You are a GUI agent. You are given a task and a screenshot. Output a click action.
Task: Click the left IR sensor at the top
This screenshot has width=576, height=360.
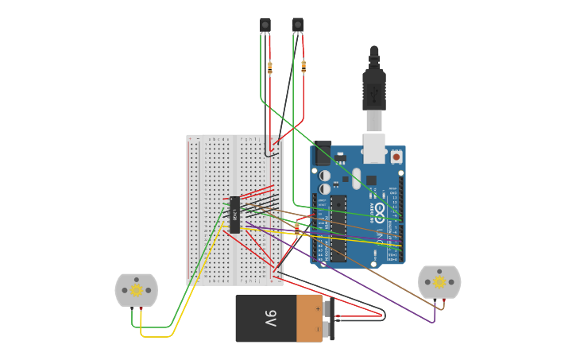tap(265, 25)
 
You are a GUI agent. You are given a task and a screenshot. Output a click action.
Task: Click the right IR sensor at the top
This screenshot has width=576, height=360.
tap(298, 25)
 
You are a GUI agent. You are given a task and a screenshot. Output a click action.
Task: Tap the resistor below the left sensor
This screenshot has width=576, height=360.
tap(270, 68)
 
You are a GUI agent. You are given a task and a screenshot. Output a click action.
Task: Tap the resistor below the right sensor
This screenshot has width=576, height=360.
tap(303, 68)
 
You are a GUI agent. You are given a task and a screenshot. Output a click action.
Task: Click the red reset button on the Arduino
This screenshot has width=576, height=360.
tap(396, 157)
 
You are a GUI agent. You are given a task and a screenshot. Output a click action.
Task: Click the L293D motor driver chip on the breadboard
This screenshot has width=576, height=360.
tap(235, 214)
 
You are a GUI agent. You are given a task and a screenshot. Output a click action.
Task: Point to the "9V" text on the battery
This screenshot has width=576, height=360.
tap(270, 319)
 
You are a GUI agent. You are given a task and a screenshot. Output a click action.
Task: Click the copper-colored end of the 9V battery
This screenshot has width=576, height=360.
tap(309, 319)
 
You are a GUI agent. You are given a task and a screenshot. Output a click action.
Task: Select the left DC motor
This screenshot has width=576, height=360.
tap(137, 290)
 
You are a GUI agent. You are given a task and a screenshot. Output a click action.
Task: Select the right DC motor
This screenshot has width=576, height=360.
tap(439, 282)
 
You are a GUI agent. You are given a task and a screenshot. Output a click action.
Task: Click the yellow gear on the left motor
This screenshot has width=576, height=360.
tap(137, 290)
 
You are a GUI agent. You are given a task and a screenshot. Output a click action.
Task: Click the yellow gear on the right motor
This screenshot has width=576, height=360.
tap(439, 282)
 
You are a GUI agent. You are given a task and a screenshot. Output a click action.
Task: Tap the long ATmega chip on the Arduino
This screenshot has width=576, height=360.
tap(339, 227)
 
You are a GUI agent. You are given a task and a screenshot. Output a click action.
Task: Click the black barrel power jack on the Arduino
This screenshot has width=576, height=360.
tap(322, 153)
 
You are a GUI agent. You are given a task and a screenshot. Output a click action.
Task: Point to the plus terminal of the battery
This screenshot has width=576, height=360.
tap(326, 306)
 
